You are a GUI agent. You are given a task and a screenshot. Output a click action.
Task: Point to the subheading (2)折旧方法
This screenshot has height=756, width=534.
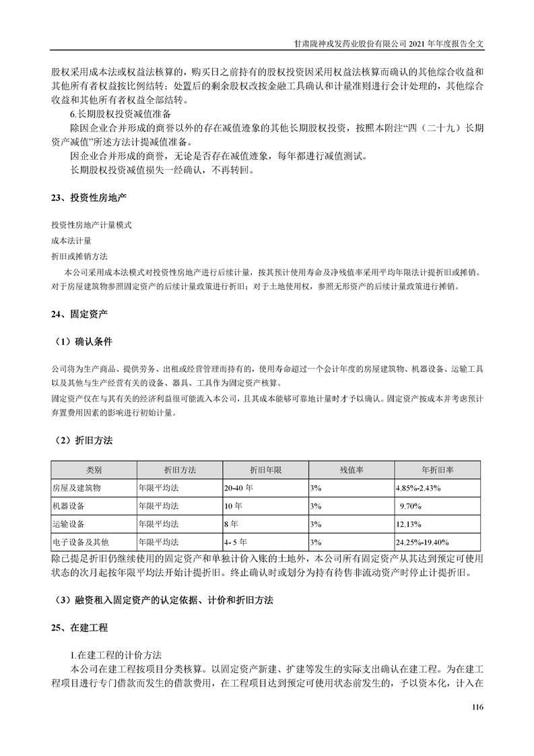tap(83, 440)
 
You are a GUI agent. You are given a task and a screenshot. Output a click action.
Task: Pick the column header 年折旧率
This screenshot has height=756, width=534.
tap(437, 470)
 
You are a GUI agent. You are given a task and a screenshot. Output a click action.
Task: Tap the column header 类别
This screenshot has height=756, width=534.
tap(94, 470)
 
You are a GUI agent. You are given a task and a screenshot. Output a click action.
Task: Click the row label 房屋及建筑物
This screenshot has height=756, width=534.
tap(76, 487)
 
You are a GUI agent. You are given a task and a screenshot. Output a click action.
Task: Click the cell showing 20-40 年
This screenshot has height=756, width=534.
tap(239, 487)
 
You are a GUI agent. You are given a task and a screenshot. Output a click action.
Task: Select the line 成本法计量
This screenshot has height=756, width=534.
tap(71, 240)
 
